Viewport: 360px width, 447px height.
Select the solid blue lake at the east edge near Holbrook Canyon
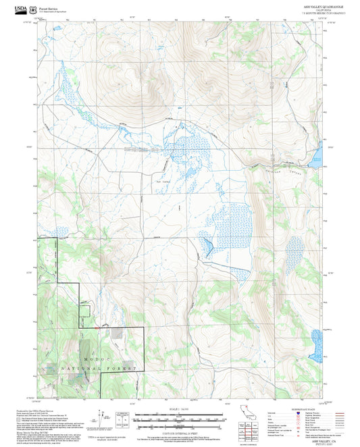318,156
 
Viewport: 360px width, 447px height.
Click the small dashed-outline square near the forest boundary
85,310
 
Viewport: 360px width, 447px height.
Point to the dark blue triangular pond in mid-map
209,248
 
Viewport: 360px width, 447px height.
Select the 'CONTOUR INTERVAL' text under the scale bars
180,431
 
